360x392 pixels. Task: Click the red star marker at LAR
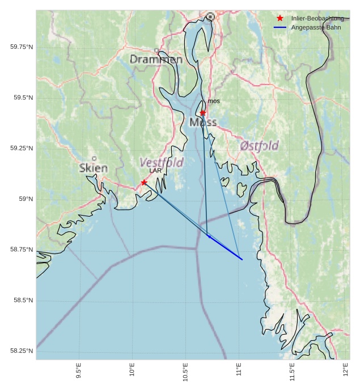coord(144,182)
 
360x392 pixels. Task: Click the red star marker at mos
coord(203,113)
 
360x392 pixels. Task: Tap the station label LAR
coord(156,170)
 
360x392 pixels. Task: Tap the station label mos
coord(214,101)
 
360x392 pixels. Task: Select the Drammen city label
coord(156,60)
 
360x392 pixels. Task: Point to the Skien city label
coord(94,168)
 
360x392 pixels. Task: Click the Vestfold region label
coord(162,163)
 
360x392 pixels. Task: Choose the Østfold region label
coord(259,146)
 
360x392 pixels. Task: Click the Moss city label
coord(203,123)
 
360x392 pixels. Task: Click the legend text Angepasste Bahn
coord(316,27)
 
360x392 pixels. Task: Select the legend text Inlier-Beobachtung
coord(317,18)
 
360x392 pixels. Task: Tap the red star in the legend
coord(279,18)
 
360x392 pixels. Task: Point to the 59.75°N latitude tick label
coord(22,47)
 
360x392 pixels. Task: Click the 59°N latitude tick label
coord(26,199)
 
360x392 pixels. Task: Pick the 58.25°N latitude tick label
coord(22,351)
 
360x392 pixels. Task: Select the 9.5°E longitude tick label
coord(78,372)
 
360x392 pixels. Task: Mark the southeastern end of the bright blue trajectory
coord(243,260)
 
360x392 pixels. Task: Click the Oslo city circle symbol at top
coord(210,17)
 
